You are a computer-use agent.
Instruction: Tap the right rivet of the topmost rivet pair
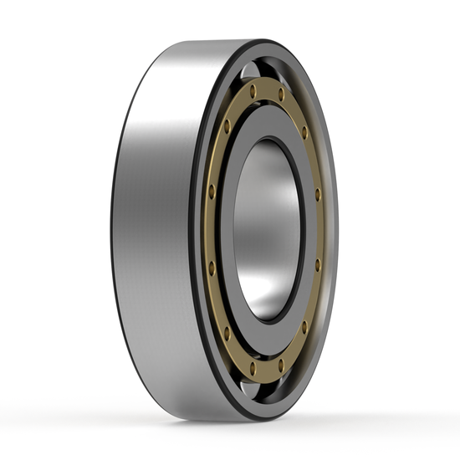[282, 95]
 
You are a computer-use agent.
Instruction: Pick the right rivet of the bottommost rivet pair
[282, 363]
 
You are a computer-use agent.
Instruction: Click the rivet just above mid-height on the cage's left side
[212, 191]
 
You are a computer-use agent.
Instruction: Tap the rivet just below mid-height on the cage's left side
[212, 268]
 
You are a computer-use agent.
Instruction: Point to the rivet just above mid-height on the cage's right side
[318, 194]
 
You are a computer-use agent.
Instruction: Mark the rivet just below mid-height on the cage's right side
[318, 264]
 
